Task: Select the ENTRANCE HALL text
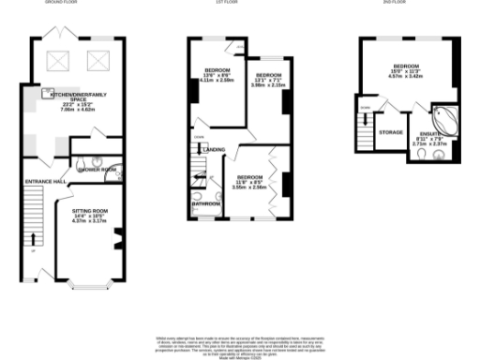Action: pyautogui.click(x=45, y=180)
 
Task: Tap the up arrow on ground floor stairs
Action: pyautogui.click(x=36, y=237)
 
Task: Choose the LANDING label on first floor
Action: pyautogui.click(x=214, y=150)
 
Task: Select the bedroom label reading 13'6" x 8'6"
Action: pyautogui.click(x=218, y=77)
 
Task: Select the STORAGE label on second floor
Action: pyautogui.click(x=391, y=132)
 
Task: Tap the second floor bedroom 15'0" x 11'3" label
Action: pyautogui.click(x=408, y=71)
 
